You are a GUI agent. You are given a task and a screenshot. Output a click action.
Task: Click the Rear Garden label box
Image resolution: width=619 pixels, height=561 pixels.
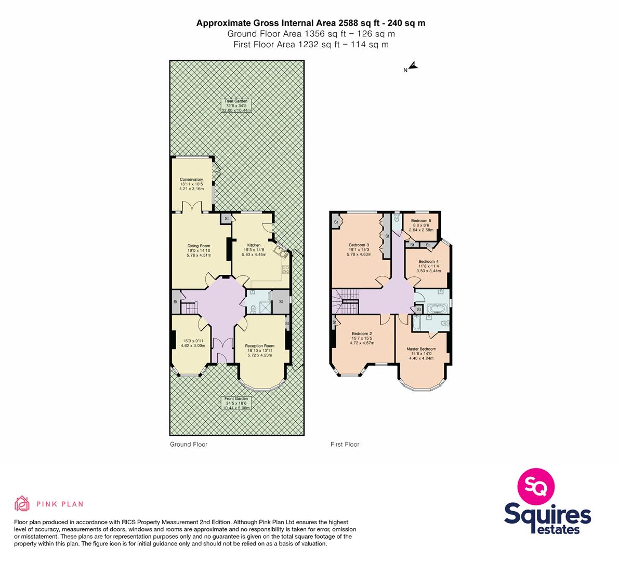(x=236, y=106)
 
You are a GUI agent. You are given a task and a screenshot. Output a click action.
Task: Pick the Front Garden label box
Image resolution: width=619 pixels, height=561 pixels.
(x=236, y=403)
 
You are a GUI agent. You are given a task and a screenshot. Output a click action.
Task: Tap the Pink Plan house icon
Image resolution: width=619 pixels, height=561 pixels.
(x=22, y=503)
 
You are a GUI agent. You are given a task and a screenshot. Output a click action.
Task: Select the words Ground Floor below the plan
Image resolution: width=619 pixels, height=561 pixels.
(x=189, y=444)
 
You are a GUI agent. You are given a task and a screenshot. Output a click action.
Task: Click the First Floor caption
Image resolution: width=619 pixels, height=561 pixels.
(x=345, y=444)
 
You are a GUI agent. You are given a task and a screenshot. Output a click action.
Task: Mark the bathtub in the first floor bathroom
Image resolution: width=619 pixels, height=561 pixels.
(x=437, y=308)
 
